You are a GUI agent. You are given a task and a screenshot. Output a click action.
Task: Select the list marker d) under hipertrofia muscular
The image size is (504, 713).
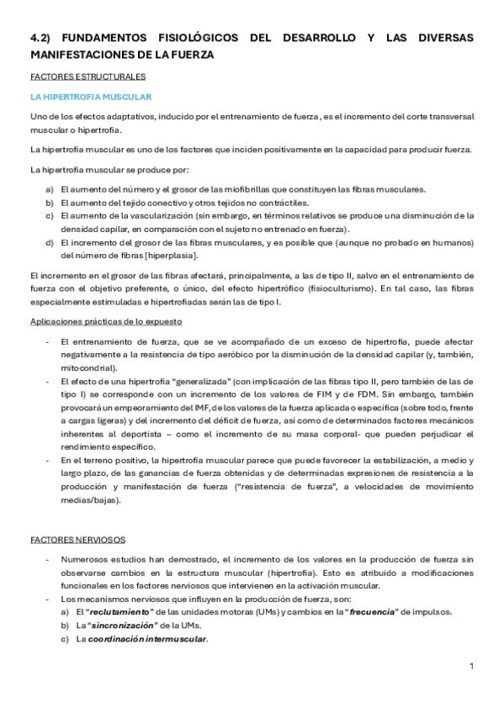click(x=50, y=242)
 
